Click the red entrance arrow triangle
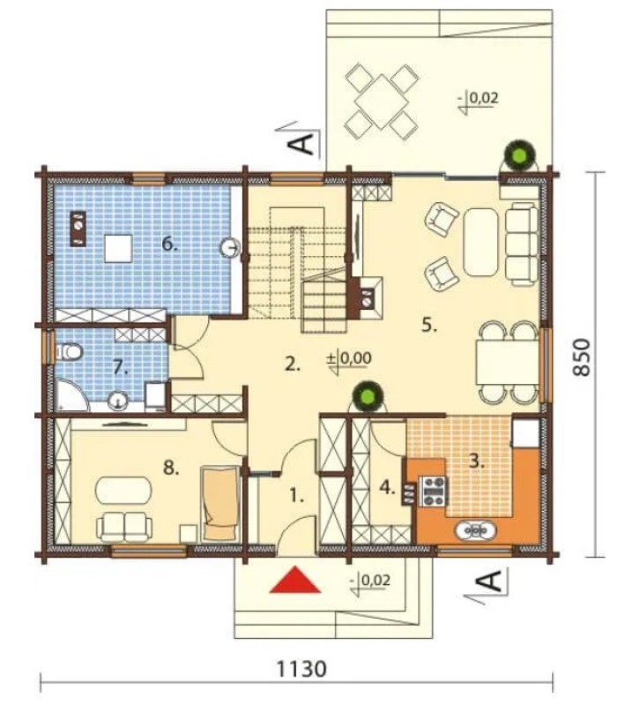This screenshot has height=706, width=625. (295, 580)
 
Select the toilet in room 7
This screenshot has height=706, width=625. (69, 352)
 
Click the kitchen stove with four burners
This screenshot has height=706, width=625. (434, 491)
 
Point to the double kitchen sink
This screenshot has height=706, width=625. (476, 531)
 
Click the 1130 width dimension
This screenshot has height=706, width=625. (301, 669)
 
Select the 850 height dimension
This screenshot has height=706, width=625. (581, 357)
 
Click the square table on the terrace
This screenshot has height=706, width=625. (382, 101)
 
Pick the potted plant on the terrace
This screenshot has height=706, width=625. (520, 156)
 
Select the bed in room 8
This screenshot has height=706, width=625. (220, 503)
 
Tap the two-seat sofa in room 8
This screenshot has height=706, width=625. (124, 527)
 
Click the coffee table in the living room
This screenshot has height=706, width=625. (480, 241)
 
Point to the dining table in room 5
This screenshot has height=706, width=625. (508, 362)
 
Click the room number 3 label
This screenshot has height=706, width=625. (477, 462)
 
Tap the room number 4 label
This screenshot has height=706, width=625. (387, 487)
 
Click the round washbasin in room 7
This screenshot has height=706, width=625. (119, 400)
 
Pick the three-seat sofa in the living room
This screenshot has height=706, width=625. (522, 244)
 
